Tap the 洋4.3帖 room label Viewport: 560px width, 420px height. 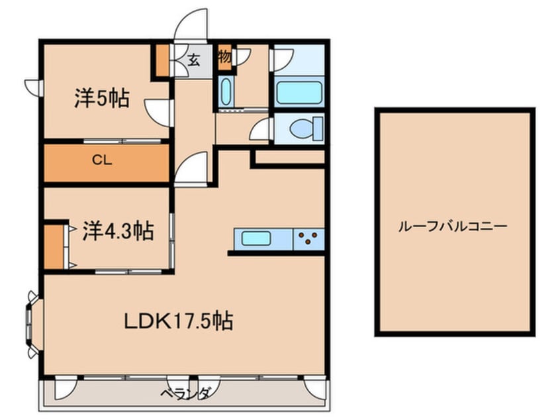click(x=118, y=231)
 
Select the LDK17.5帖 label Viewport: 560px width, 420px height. click(x=179, y=321)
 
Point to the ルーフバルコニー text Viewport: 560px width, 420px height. click(x=453, y=226)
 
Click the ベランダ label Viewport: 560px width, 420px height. click(x=185, y=394)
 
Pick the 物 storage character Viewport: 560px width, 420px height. click(x=224, y=57)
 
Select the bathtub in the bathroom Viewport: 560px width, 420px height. click(x=298, y=93)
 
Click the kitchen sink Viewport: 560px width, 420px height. click(x=257, y=238)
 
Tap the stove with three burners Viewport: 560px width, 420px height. click(x=309, y=237)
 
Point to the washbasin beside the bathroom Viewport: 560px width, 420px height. click(x=224, y=92)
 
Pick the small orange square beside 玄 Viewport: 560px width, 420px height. click(x=161, y=60)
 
